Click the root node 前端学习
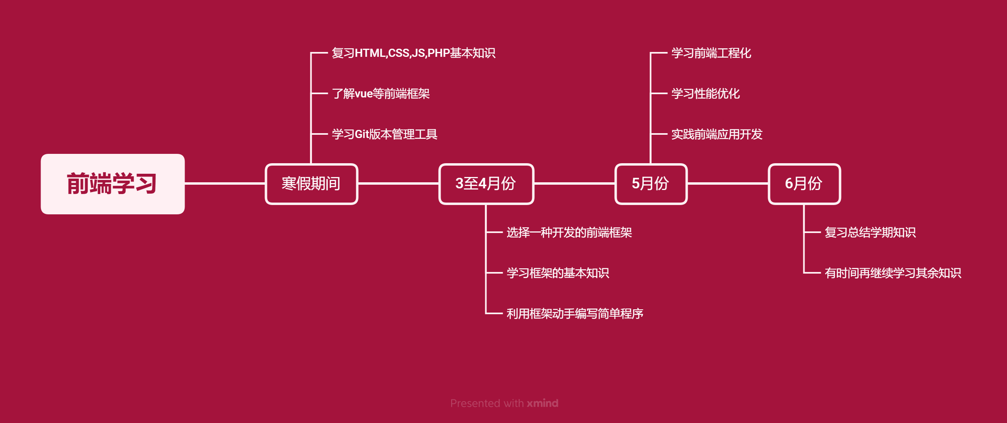pyautogui.click(x=112, y=184)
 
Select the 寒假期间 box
pyautogui.click(x=311, y=184)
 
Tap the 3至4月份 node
pyautogui.click(x=486, y=184)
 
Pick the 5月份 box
pyautogui.click(x=651, y=184)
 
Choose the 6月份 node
pyautogui.click(x=804, y=184)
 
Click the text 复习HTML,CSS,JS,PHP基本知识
pyautogui.click(x=413, y=53)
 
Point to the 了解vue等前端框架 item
pyautogui.click(x=381, y=94)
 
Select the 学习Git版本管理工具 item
pyautogui.click(x=384, y=134)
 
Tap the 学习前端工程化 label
pyautogui.click(x=711, y=53)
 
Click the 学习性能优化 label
pyautogui.click(x=706, y=94)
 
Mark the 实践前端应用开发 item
pyautogui.click(x=717, y=134)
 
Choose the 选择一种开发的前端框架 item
pyautogui.click(x=569, y=233)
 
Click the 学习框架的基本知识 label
pyautogui.click(x=558, y=273)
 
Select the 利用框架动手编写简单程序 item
pyautogui.click(x=575, y=314)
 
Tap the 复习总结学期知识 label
pyautogui.click(x=870, y=233)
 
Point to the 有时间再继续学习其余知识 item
pyautogui.click(x=893, y=273)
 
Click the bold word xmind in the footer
pyautogui.click(x=542, y=403)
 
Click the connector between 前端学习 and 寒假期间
pyautogui.click(x=225, y=183)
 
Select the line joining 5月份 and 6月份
pyautogui.click(x=728, y=183)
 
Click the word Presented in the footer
pyautogui.click(x=475, y=403)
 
